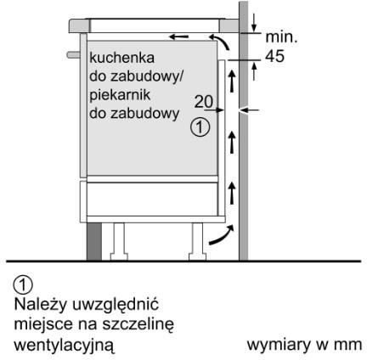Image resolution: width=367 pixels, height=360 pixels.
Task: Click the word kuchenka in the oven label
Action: (x=121, y=58)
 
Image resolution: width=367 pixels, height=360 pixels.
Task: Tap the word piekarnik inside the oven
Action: (x=120, y=95)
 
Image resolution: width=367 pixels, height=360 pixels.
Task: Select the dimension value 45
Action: (x=274, y=56)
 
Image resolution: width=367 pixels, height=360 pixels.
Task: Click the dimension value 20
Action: (x=204, y=102)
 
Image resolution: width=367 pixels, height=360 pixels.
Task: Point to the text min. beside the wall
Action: (x=281, y=37)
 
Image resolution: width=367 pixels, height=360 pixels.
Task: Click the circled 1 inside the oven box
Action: (x=200, y=127)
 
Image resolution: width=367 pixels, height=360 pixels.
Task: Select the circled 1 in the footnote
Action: (x=23, y=285)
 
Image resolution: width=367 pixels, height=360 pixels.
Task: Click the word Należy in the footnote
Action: (x=41, y=305)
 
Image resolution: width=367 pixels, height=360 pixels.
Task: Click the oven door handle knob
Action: (x=73, y=54)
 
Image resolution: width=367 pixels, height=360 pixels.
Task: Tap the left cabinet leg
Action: (x=119, y=241)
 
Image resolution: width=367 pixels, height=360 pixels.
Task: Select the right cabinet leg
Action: (x=197, y=241)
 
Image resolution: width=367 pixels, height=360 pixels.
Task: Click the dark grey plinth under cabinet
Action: (x=94, y=241)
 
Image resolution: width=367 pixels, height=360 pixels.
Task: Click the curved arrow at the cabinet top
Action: (x=221, y=41)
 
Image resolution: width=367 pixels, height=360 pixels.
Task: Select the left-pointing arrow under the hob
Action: (x=178, y=37)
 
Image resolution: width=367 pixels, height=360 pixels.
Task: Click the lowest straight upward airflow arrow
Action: (x=232, y=193)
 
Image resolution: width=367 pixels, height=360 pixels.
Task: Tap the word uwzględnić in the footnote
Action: (x=116, y=305)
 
